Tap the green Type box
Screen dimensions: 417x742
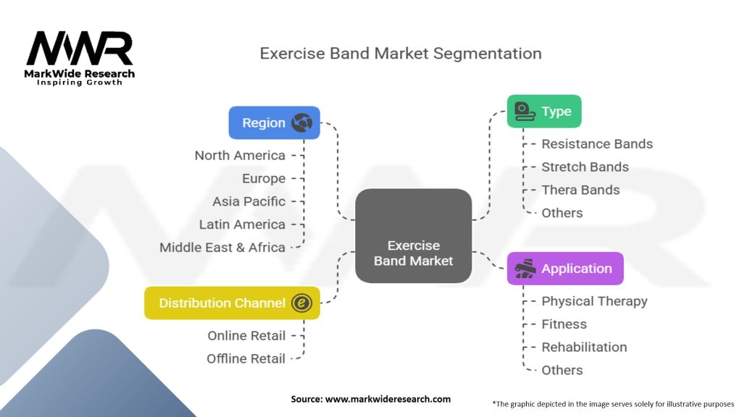pos(543,111)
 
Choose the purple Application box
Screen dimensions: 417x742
pos(564,269)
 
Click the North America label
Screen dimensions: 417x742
pos(240,155)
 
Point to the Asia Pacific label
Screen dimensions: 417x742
pos(249,201)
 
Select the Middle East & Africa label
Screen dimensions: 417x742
pos(222,247)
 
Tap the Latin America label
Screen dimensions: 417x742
pos(242,224)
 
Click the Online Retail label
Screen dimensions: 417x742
pos(246,335)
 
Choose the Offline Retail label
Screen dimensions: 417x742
pos(246,358)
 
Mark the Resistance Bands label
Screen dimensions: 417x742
pos(597,144)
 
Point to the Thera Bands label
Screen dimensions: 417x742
pos(580,190)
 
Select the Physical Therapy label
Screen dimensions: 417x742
pos(594,301)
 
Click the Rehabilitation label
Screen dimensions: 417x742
pos(584,347)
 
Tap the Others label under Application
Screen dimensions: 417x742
pos(562,370)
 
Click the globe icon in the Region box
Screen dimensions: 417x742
pos(301,122)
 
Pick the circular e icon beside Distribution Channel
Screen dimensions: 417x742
pos(301,303)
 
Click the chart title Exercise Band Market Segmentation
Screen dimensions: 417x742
pos(401,54)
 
